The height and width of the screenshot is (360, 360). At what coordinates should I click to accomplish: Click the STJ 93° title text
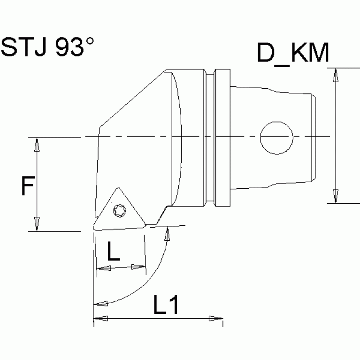pos(47,47)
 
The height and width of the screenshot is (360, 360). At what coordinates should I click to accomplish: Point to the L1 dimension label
pos(166,306)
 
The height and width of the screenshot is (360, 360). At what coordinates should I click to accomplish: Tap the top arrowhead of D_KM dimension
pos(336,75)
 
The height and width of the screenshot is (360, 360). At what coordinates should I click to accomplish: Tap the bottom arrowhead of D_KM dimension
pos(336,196)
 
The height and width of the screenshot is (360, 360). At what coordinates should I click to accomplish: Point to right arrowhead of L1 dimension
pos(215,318)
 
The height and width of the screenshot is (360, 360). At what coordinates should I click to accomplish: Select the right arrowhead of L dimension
pos(138,267)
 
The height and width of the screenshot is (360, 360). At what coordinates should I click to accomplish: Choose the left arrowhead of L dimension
pos(103,268)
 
